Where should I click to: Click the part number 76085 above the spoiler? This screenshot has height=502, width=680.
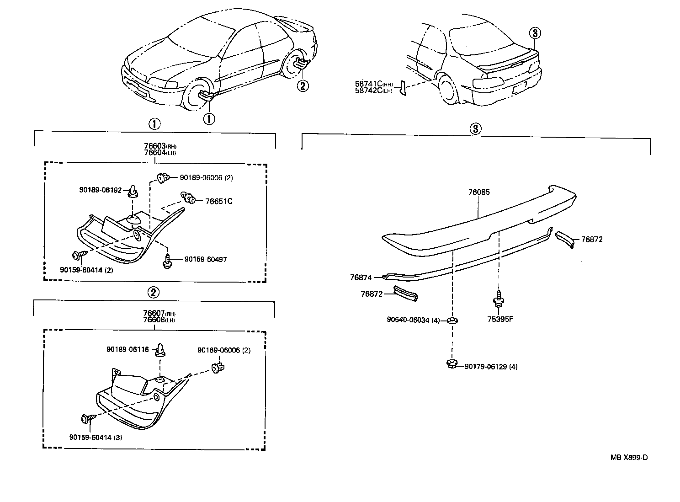(x=478, y=192)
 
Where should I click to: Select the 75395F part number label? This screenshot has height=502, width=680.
(x=500, y=319)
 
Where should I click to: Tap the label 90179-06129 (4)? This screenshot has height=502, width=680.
(x=491, y=367)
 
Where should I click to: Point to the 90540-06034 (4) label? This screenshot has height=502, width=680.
(x=413, y=320)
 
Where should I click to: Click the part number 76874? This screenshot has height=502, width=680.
(x=361, y=277)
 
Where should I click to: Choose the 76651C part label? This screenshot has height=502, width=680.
(x=218, y=201)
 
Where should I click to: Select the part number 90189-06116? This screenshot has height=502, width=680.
(x=127, y=350)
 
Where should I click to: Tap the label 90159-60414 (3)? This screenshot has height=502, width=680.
(x=96, y=437)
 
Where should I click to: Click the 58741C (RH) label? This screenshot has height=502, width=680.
(x=373, y=84)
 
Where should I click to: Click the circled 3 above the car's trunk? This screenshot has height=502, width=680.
(x=535, y=33)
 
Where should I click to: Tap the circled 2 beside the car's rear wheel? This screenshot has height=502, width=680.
(x=302, y=85)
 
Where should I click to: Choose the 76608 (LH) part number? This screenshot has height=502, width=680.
(x=159, y=320)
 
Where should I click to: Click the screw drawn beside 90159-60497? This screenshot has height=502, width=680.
(x=168, y=261)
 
